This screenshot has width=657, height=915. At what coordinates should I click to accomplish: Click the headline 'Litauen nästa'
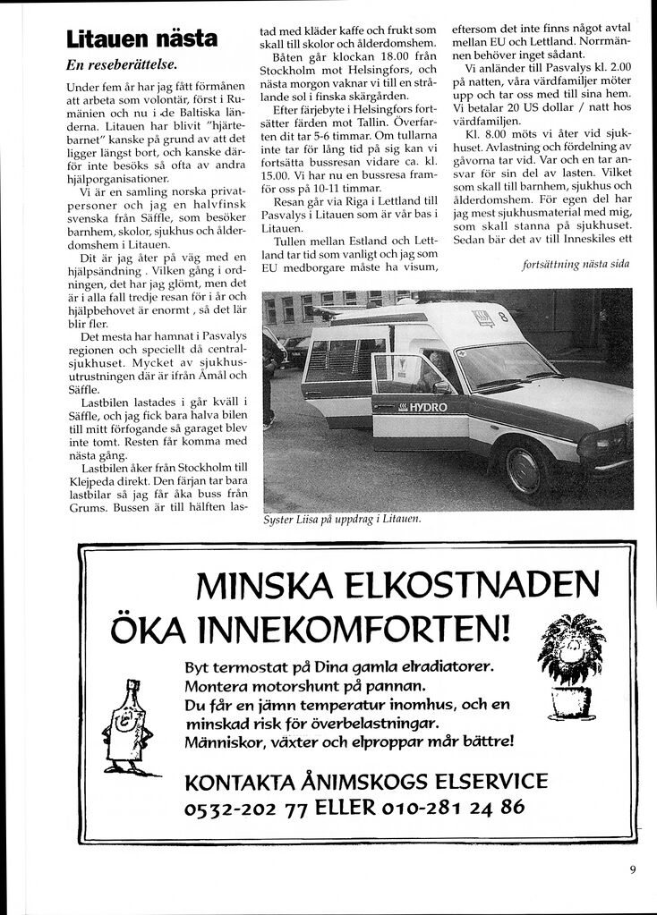coord(141,38)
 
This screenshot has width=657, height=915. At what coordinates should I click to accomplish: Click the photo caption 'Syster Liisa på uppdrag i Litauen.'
coord(342,519)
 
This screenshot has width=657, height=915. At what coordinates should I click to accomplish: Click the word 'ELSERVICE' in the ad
coord(485,781)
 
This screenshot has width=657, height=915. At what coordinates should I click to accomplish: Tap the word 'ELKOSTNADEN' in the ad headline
coord(472,589)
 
